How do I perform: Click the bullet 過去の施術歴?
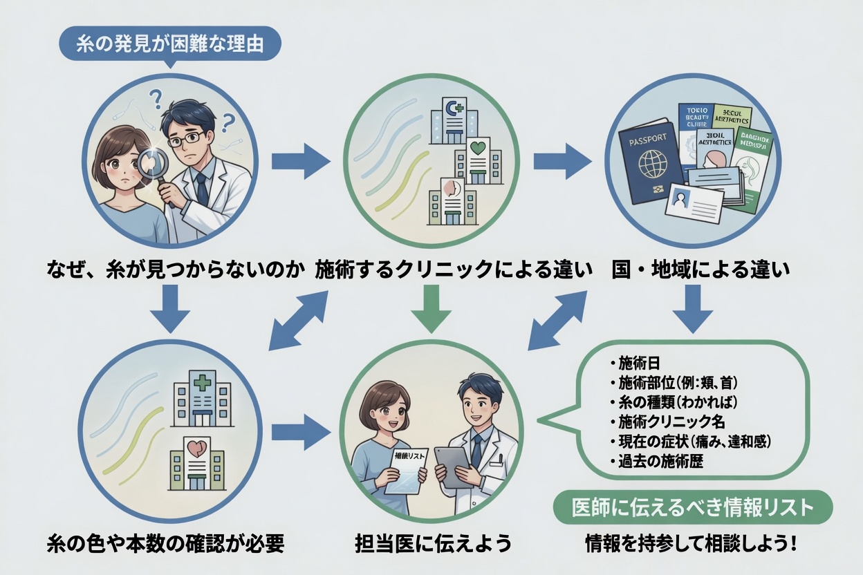click(x=657, y=461)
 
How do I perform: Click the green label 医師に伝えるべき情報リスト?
click(x=693, y=508)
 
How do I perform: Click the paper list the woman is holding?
click(x=406, y=470)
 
